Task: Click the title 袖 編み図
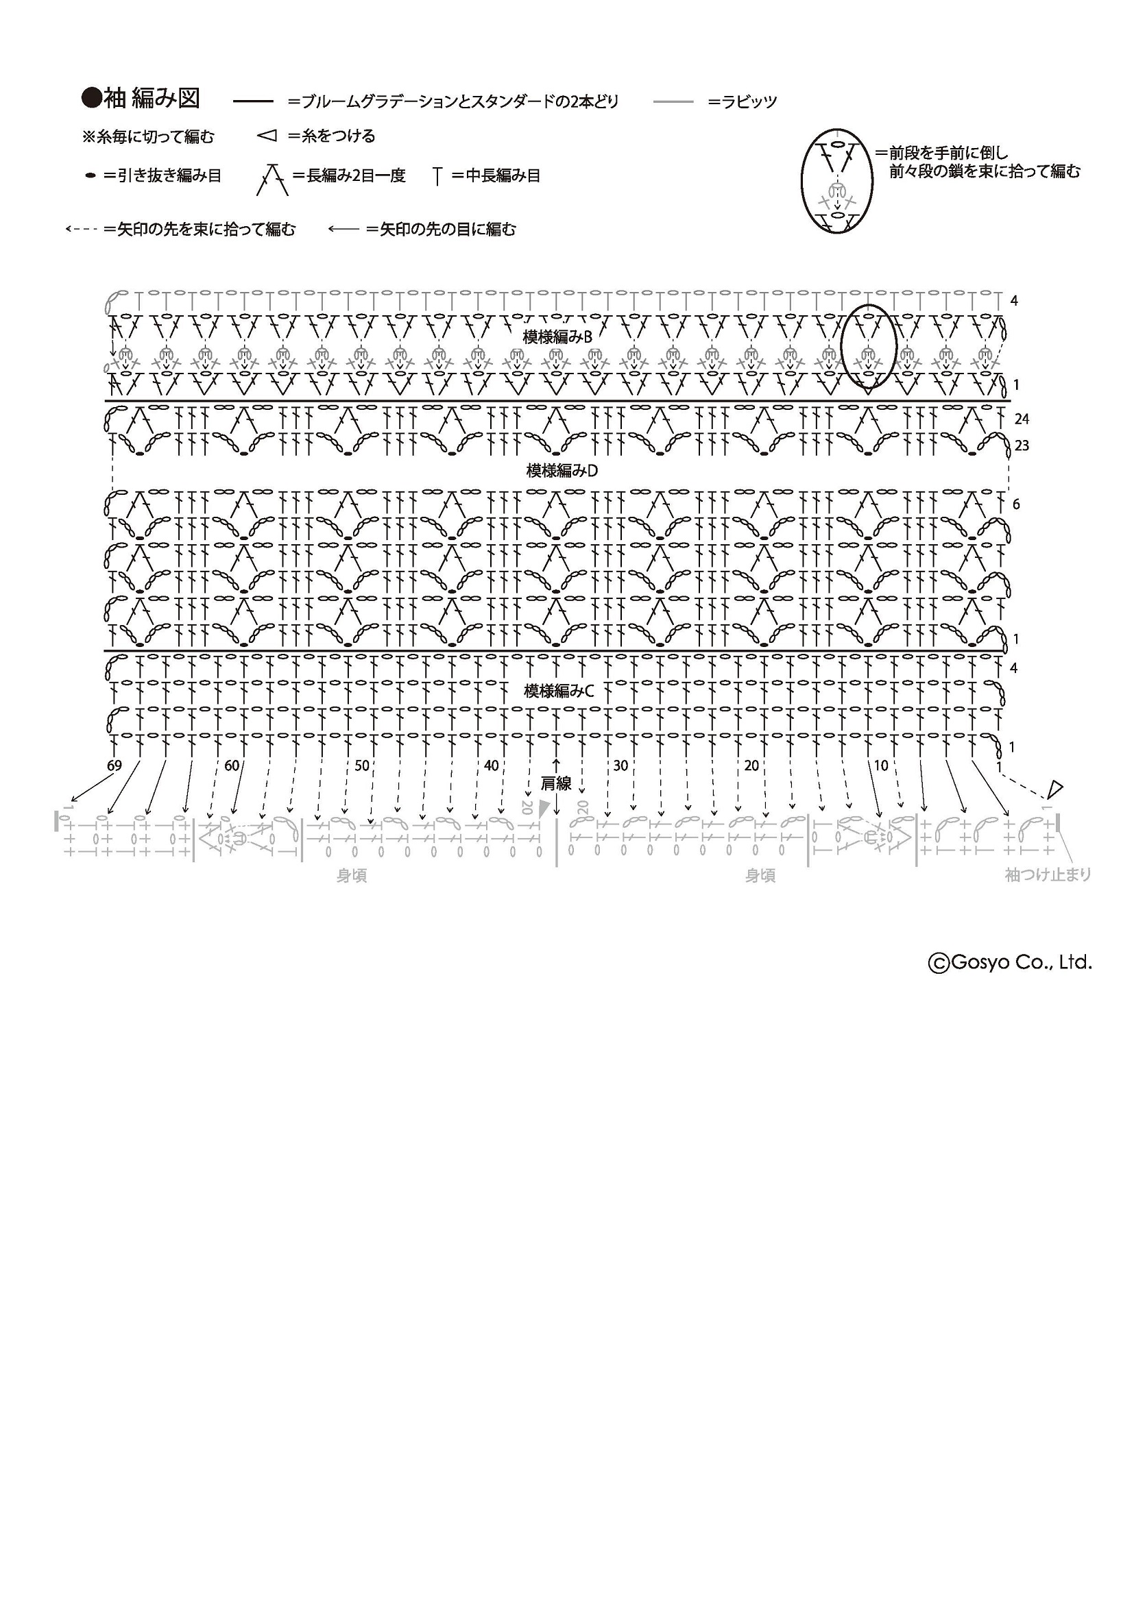(152, 99)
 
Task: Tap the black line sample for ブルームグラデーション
(253, 102)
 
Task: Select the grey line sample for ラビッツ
(673, 102)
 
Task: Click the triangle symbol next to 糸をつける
(267, 136)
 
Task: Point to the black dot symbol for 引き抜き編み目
(90, 176)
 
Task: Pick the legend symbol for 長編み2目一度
(272, 179)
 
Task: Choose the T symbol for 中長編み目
(438, 176)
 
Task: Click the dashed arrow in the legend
(81, 229)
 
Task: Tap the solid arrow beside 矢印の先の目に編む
(343, 229)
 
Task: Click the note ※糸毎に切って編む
(148, 137)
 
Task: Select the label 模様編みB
(557, 337)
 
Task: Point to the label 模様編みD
(562, 471)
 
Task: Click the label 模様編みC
(559, 692)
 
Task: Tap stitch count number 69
(114, 766)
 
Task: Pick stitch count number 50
(362, 766)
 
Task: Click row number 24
(1022, 419)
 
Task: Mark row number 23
(1022, 445)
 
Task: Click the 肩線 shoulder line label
(557, 784)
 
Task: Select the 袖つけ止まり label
(1048, 874)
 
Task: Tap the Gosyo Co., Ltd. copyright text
(1010, 963)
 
